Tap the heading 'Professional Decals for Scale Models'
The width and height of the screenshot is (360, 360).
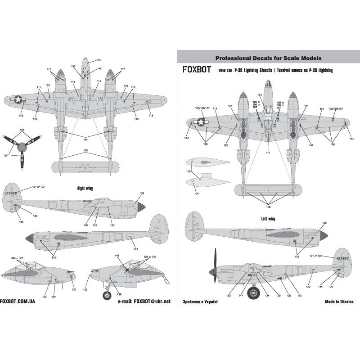268,58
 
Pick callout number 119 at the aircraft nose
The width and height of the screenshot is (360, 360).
99,60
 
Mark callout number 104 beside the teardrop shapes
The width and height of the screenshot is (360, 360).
196,193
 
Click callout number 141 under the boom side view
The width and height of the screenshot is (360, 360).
135,249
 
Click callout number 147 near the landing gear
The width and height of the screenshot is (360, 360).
241,295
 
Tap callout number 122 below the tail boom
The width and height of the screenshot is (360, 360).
309,286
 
